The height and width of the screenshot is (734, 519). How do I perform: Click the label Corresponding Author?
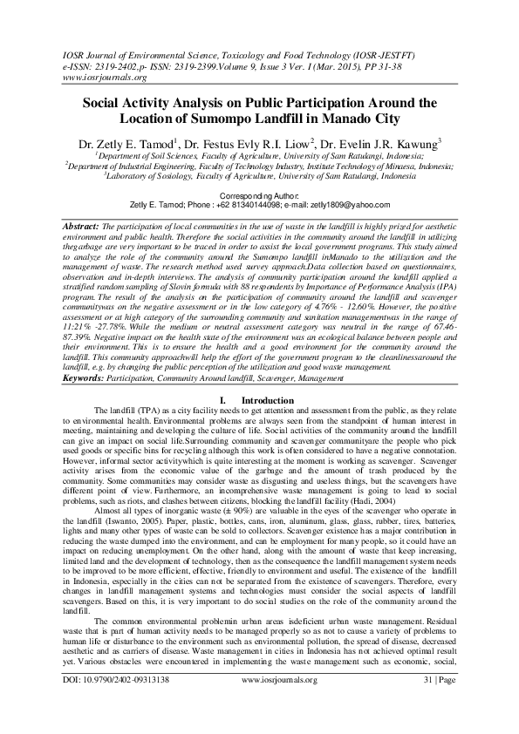pyautogui.click(x=259, y=197)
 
